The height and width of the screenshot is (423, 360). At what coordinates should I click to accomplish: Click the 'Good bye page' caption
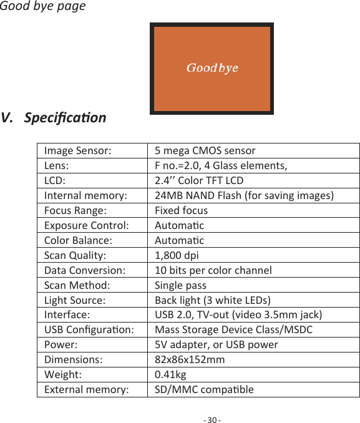[x=43, y=7]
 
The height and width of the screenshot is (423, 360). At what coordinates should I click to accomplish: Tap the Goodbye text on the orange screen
[x=212, y=67]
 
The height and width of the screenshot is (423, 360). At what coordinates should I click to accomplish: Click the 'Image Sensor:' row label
[x=78, y=150]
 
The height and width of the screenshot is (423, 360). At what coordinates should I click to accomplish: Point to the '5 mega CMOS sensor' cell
[x=205, y=150]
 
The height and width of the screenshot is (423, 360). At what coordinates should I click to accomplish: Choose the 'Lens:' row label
[x=57, y=165]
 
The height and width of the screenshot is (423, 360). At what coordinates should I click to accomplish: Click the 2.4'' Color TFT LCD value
[x=198, y=180]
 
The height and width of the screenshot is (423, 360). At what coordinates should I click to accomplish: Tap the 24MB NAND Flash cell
[x=243, y=195]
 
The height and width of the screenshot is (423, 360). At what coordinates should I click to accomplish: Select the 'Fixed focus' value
[x=181, y=210]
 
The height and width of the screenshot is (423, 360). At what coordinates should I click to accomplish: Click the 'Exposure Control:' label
[x=87, y=225]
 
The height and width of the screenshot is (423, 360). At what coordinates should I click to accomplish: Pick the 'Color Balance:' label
[x=78, y=240]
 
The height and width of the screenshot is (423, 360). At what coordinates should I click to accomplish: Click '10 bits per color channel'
[x=213, y=270]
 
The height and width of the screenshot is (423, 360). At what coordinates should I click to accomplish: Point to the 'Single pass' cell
[x=180, y=285]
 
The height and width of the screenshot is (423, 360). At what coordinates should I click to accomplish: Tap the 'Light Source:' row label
[x=74, y=300]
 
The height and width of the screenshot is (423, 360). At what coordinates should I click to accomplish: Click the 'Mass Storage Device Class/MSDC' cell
[x=233, y=329]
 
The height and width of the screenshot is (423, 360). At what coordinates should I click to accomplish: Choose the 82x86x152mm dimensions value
[x=190, y=359]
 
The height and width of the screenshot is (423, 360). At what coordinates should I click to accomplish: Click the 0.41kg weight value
[x=170, y=374]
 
